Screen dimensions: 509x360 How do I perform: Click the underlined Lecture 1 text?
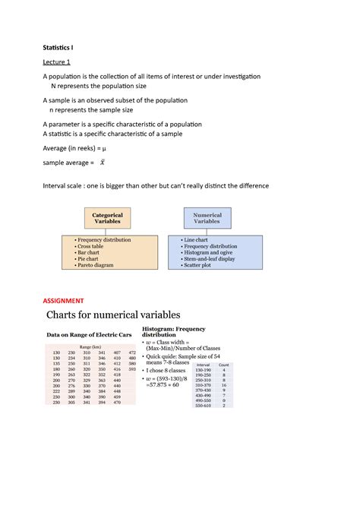[56, 62]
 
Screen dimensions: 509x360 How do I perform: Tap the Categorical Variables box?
[107, 219]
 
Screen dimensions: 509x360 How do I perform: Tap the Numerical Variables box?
[207, 219]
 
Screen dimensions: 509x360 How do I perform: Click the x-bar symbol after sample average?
[102, 163]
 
